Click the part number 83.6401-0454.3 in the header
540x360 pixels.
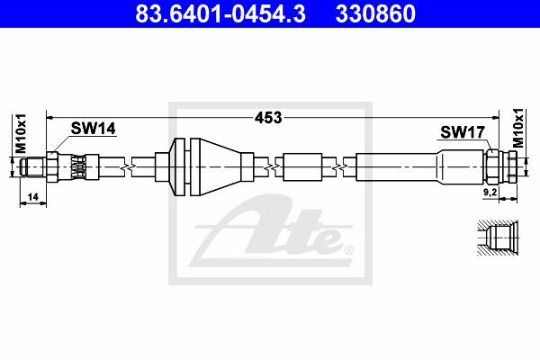(220, 13)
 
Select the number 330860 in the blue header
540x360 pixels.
(375, 13)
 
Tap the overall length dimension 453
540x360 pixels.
(268, 118)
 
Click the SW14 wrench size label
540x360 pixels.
(94, 129)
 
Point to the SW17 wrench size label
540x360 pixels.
(463, 132)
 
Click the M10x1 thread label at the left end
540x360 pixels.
(21, 133)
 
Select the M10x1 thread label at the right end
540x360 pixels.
(517, 128)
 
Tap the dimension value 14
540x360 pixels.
(33, 197)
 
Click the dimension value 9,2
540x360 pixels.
(490, 193)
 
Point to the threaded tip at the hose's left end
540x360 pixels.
(32, 167)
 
